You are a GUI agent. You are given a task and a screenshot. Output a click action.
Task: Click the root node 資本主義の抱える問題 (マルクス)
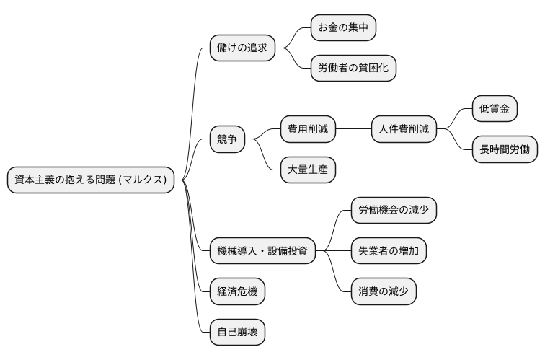[92, 180]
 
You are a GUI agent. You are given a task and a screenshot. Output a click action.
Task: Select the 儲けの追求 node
[242, 48]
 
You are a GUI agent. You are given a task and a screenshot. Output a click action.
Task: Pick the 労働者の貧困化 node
[353, 69]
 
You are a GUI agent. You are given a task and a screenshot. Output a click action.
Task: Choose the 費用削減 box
[308, 130]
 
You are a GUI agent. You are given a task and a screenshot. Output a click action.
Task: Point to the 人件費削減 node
[404, 130]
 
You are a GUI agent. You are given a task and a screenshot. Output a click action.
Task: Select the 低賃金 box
[495, 110]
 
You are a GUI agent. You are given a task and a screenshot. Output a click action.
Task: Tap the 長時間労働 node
[505, 150]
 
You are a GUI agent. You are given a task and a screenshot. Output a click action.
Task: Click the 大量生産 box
[308, 170]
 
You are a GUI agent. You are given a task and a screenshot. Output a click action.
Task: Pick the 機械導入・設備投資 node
[262, 251]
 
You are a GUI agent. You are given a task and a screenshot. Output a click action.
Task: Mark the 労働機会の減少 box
[394, 211]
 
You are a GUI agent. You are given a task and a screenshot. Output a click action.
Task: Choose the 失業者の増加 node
[389, 251]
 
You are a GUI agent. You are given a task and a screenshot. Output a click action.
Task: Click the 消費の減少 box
[384, 291]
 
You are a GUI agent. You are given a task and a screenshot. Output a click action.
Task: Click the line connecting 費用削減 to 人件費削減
[353, 130]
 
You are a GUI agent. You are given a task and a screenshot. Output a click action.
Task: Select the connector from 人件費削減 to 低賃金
[454, 120]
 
